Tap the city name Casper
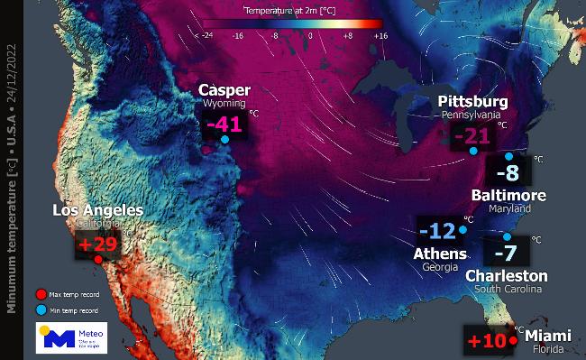(x=224, y=90)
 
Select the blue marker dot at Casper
(x=224, y=140)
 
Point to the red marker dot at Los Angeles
(x=97, y=260)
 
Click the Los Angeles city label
(x=97, y=210)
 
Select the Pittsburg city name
(x=473, y=101)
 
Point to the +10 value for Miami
(x=487, y=342)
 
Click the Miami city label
(x=545, y=336)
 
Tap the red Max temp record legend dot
(x=40, y=293)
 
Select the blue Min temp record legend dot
(x=40, y=309)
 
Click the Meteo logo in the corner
(x=71, y=337)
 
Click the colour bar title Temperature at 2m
(x=291, y=11)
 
